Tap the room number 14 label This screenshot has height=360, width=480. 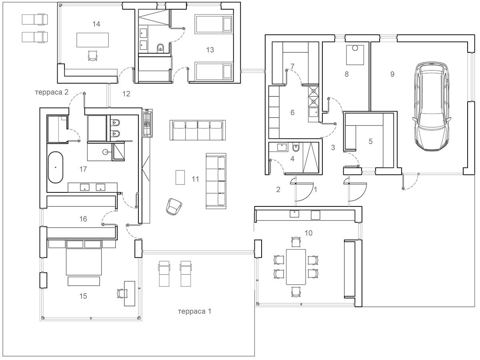tap(96, 24)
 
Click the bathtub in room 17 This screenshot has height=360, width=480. tap(56, 167)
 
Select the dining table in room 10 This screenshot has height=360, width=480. tap(296, 267)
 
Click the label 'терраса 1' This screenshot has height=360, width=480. tap(195, 311)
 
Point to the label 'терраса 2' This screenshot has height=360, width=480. tap(52, 92)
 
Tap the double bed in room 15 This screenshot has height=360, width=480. tap(84, 258)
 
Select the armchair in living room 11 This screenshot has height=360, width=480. tap(174, 206)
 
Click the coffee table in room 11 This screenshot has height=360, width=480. tap(180, 178)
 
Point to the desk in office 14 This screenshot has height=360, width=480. tap(92, 40)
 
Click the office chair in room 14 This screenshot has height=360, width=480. tap(92, 56)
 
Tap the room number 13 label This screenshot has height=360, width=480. tap(210, 50)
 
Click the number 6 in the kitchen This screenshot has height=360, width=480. tap(292, 112)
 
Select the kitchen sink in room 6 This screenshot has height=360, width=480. tap(314, 113)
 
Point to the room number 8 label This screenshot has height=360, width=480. tap(347, 74)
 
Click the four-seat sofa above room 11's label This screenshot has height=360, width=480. tap(198, 130)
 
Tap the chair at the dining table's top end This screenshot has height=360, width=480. tap(296, 242)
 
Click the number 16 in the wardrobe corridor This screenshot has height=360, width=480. tap(83, 219)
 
